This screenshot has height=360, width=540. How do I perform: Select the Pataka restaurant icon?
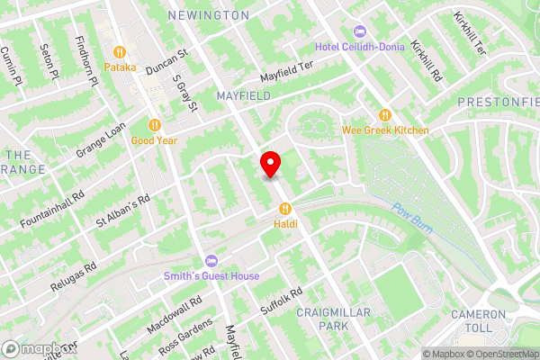[119, 51]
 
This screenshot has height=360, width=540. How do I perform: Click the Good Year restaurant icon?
[155, 125]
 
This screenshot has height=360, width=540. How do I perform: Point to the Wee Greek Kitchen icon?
[386, 115]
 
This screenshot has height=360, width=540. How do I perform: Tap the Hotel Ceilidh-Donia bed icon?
[361, 31]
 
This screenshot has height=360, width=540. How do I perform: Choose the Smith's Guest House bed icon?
[211, 261]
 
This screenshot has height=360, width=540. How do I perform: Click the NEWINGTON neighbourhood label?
[209, 15]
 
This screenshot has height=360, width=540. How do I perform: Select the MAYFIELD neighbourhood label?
[243, 94]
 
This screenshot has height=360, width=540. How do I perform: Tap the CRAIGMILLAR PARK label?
[321, 318]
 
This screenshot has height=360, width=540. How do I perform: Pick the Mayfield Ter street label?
[285, 72]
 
